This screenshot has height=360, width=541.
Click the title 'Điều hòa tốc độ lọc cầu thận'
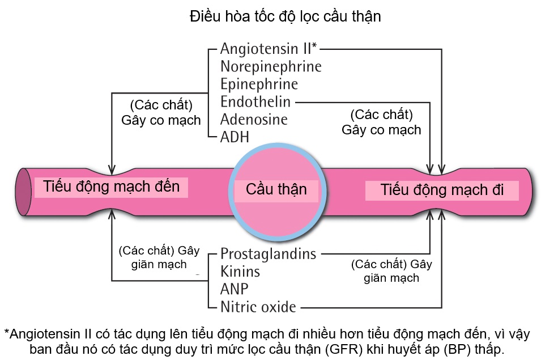(285, 17)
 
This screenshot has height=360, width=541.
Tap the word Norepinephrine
(271, 66)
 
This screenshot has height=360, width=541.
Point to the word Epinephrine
(259, 84)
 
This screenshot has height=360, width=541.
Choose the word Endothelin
(255, 102)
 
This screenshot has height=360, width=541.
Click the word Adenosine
(254, 120)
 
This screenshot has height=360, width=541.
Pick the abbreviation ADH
(235, 137)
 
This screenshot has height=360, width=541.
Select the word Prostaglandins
(268, 253)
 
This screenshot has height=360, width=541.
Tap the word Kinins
(240, 271)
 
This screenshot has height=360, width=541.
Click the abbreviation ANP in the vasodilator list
(235, 289)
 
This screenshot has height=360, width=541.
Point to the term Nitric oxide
(258, 307)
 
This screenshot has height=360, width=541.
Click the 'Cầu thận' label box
(276, 189)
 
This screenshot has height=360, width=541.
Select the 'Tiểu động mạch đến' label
(111, 187)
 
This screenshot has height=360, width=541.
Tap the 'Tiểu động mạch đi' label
(442, 189)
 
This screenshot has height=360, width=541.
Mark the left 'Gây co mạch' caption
(161, 120)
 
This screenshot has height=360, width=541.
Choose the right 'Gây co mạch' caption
(381, 130)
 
